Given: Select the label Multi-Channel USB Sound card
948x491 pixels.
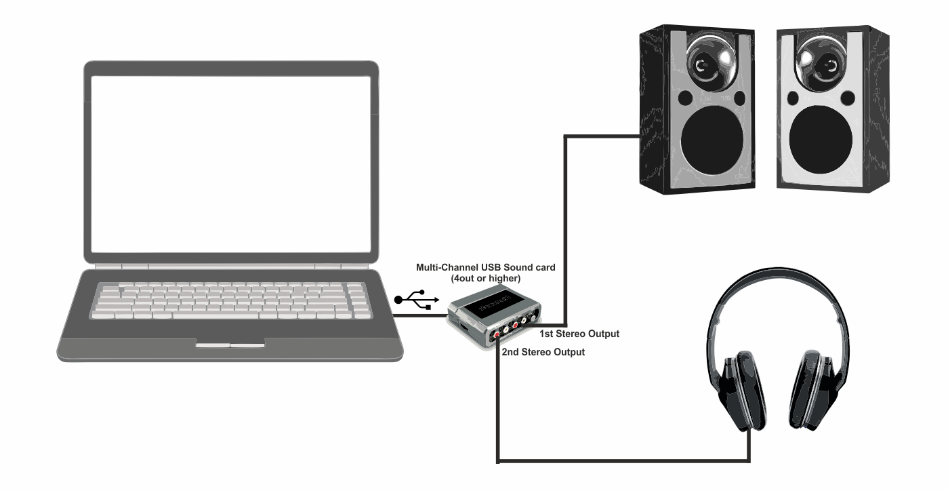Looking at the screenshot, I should coord(485,268).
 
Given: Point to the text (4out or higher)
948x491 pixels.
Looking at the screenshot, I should coord(485,278).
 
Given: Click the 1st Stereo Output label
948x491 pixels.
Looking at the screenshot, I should coord(579,334).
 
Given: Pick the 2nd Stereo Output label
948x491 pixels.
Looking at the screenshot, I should coord(543,353).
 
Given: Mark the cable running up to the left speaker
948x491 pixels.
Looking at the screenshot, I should coord(567,224).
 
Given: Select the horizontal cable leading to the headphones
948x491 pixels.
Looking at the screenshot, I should coord(623,463).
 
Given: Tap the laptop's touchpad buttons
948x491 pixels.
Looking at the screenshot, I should coord(230,345).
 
